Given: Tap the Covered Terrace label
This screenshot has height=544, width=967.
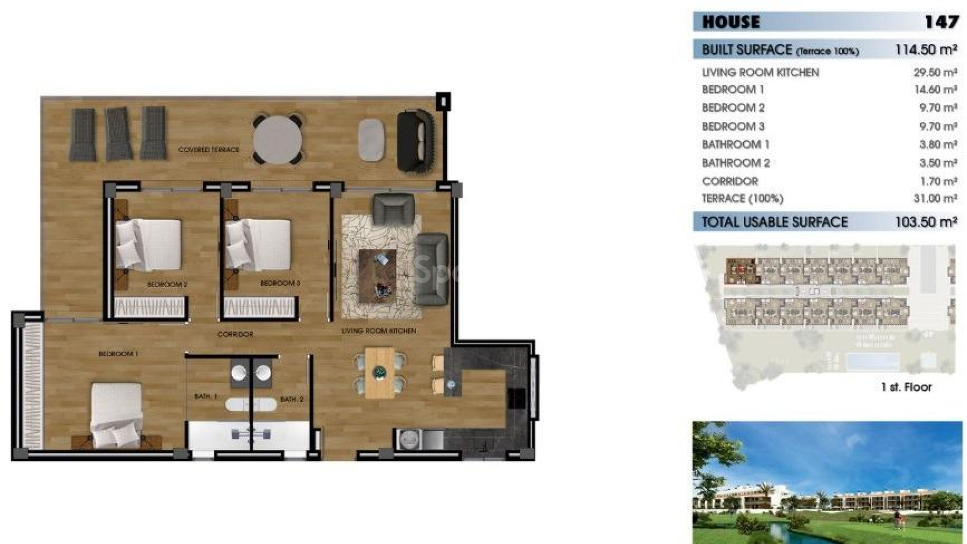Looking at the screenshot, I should coord(209,150).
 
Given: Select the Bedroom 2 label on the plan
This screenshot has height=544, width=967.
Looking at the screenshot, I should coord(167,285).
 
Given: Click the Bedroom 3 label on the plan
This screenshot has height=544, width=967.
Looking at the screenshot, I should coord(280,284).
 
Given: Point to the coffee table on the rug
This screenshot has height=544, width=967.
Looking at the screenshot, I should coord(377,276).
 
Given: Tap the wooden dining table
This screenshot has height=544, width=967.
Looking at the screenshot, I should coord(379,373).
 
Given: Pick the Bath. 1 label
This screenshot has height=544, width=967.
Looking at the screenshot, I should coord(205,396).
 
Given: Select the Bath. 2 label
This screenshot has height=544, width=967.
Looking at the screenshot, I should coord(292,399).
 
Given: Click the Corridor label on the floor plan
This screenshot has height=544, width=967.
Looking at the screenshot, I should coord(235,334).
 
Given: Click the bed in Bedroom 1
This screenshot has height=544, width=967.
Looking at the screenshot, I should coord(116,414).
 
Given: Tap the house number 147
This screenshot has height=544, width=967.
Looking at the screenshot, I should coord(941,22).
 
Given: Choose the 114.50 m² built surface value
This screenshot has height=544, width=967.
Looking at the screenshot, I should coord(926,50).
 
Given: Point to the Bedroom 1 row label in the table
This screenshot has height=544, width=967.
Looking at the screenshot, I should coord(733,90).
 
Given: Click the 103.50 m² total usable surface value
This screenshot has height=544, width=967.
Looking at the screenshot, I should coord(926,222).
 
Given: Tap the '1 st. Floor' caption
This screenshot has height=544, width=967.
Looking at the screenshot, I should coord(906,387).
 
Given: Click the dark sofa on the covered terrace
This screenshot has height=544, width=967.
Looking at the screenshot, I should coord(416,141).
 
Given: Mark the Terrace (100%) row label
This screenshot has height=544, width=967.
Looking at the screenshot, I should coord(742,198).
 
